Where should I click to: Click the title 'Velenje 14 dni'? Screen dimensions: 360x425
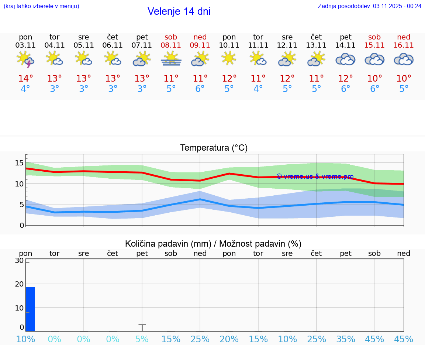click(x=179, y=11)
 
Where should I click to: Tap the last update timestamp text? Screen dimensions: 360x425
click(x=370, y=6)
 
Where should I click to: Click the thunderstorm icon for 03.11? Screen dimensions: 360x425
click(x=25, y=59)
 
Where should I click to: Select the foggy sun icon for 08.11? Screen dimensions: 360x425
click(x=171, y=59)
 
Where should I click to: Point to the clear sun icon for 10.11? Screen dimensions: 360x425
click(x=229, y=58)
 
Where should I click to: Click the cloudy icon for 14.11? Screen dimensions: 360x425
click(x=345, y=59)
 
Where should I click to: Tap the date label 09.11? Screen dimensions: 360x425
click(x=200, y=45)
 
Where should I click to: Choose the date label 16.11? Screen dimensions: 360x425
click(x=404, y=45)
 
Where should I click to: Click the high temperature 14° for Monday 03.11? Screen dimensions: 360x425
click(x=25, y=79)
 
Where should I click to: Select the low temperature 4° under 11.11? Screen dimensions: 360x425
click(x=258, y=89)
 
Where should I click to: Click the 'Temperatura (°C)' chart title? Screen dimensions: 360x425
click(x=214, y=148)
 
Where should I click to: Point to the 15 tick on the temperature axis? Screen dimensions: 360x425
click(x=20, y=163)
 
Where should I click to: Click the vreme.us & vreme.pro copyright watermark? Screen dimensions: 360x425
click(x=315, y=176)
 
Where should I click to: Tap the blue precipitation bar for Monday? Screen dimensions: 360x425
click(x=30, y=309)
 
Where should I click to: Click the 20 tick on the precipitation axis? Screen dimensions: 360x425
click(x=19, y=284)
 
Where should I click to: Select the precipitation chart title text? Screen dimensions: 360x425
click(x=213, y=244)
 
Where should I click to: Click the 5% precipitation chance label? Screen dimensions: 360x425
click(x=142, y=339)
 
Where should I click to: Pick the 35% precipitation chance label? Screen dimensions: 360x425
click(x=346, y=339)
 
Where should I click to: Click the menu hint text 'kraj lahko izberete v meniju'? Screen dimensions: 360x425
click(x=41, y=6)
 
